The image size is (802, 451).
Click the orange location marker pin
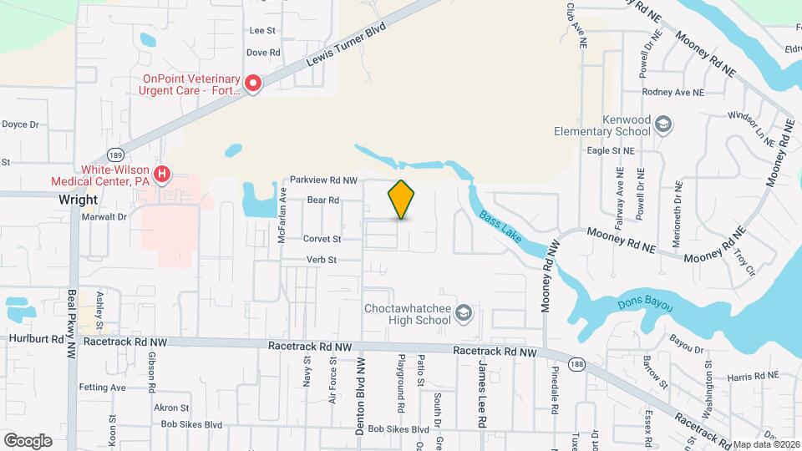401,200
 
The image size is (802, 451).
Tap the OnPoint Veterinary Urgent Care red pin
252,83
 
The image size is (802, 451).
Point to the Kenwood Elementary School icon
662,124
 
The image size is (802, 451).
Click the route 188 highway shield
575,363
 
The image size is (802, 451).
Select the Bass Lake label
500,226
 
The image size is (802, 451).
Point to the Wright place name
79,200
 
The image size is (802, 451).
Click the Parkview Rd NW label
324,180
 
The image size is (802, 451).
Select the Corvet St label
322,239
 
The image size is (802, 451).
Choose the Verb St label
320,260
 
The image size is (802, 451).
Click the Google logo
28,440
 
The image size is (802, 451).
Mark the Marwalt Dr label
104,216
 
